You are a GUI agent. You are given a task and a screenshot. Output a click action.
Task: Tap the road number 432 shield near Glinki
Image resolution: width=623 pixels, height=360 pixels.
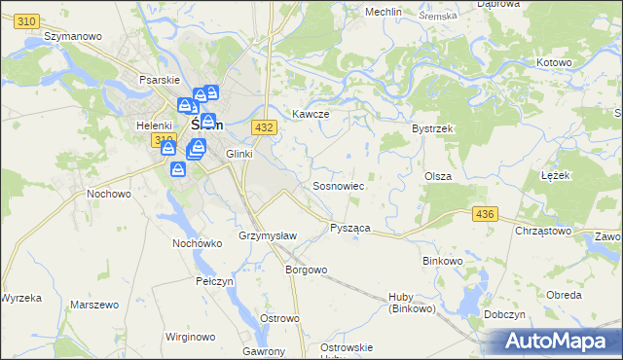tap(263, 127)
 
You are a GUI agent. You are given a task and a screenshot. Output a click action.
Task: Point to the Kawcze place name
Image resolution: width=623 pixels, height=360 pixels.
tap(311, 114)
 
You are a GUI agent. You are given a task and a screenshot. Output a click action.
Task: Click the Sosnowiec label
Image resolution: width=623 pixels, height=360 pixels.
tap(338, 185)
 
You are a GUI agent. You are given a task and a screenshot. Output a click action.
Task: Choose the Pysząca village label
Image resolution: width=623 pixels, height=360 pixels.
tap(350, 227)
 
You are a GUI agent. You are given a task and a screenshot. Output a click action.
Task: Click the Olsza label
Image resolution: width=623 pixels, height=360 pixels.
tap(436, 176)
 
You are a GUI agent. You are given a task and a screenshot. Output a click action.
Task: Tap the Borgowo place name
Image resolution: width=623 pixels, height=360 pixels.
tap(305, 269)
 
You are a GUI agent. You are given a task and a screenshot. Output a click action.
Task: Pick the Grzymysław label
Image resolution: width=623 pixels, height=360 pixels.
tap(261, 236)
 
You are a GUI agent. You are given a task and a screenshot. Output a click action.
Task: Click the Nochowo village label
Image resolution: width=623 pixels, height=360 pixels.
tap(109, 194)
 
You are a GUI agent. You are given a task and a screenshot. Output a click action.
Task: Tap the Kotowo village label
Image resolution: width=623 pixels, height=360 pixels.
tap(553, 62)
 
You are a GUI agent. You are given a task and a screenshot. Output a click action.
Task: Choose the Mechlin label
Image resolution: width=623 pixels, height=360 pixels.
tap(383, 12)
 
